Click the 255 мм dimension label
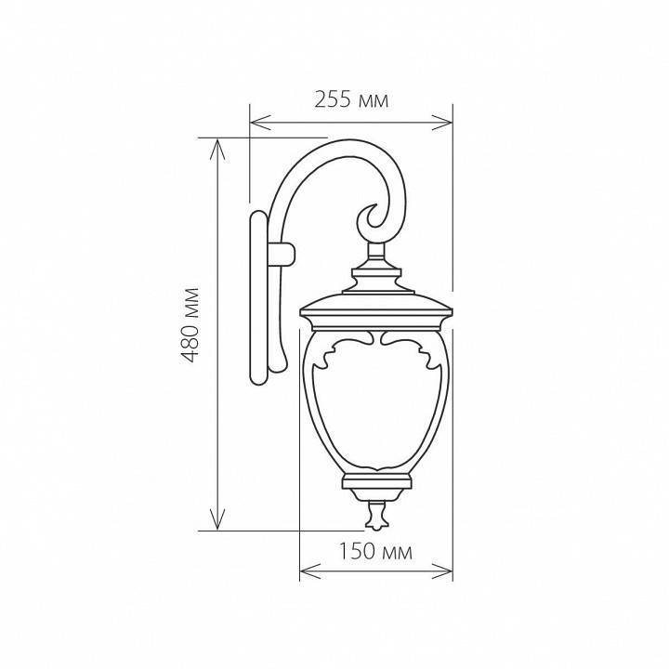point(351,99)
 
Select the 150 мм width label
point(375,552)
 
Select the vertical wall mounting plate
point(257,297)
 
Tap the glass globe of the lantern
point(375,409)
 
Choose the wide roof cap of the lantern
point(375,308)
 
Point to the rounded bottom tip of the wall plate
point(257,379)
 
